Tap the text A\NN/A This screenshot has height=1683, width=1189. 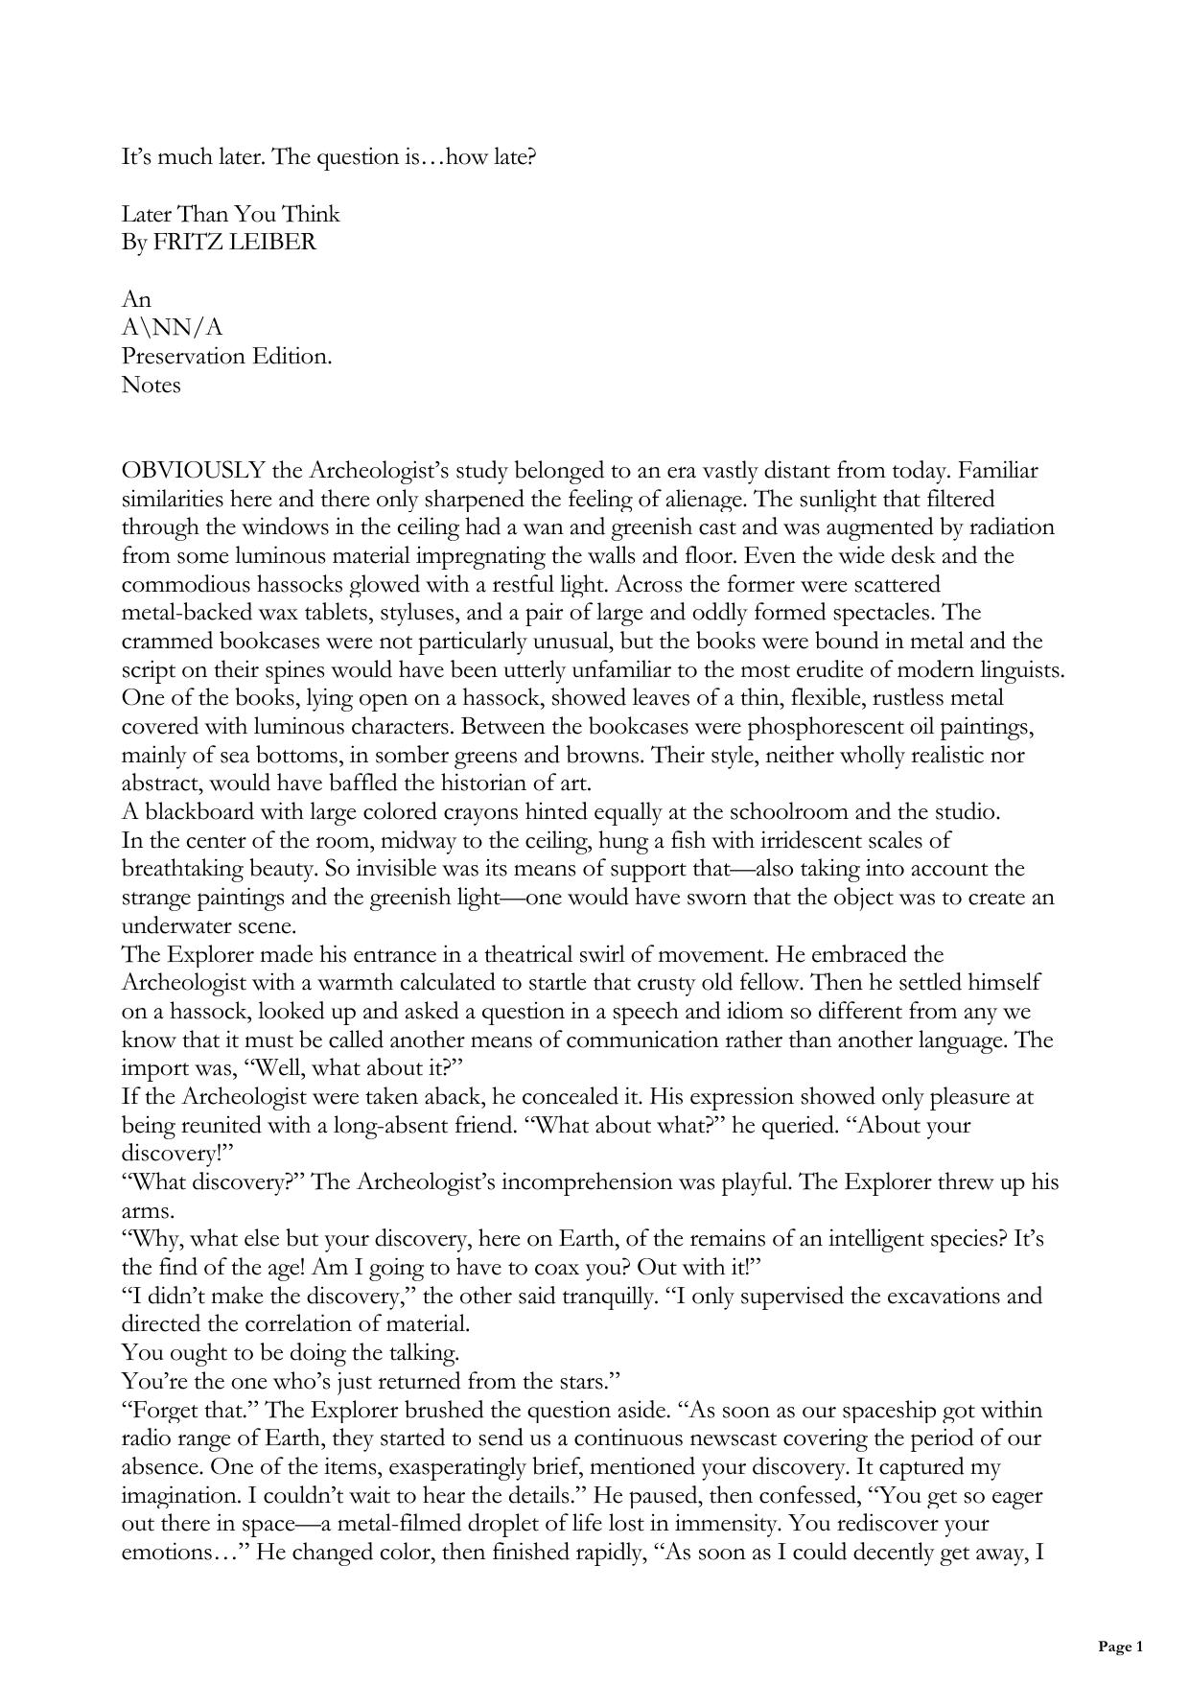tap(172, 328)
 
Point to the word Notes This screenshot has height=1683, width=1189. tap(151, 386)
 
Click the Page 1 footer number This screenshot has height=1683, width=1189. tap(1120, 1647)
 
